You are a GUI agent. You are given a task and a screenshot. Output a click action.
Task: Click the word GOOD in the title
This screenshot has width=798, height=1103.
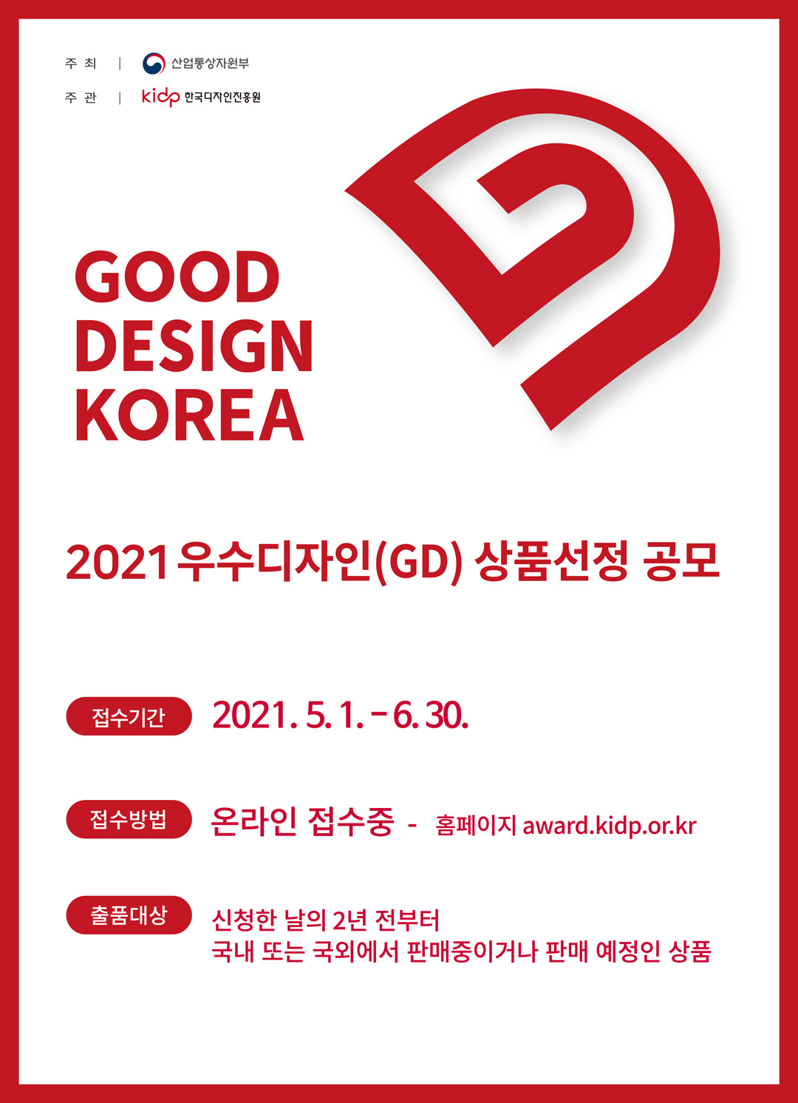[177, 276]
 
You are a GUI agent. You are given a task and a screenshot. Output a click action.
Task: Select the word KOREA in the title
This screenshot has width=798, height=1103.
[190, 414]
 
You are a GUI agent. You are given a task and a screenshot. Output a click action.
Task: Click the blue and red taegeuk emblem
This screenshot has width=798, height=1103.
[154, 64]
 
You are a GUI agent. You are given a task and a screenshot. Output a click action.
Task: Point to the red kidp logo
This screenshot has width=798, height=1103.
[160, 97]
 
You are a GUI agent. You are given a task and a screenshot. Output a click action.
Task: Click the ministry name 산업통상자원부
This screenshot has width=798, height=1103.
[210, 63]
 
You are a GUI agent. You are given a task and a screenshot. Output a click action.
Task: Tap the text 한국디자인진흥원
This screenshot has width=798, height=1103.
[222, 97]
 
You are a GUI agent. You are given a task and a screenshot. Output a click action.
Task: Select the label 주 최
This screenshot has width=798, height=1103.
[81, 64]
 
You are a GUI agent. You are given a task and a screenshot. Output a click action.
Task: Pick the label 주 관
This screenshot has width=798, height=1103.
[81, 98]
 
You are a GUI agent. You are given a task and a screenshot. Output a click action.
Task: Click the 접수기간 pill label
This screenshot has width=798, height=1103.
[129, 716]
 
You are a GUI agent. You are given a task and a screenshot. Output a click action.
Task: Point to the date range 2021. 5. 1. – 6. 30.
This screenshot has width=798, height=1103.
[340, 716]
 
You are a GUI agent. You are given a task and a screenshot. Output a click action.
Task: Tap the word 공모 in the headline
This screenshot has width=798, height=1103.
[681, 561]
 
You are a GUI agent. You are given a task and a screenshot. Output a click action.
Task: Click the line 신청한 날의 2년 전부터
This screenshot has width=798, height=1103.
[325, 920]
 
